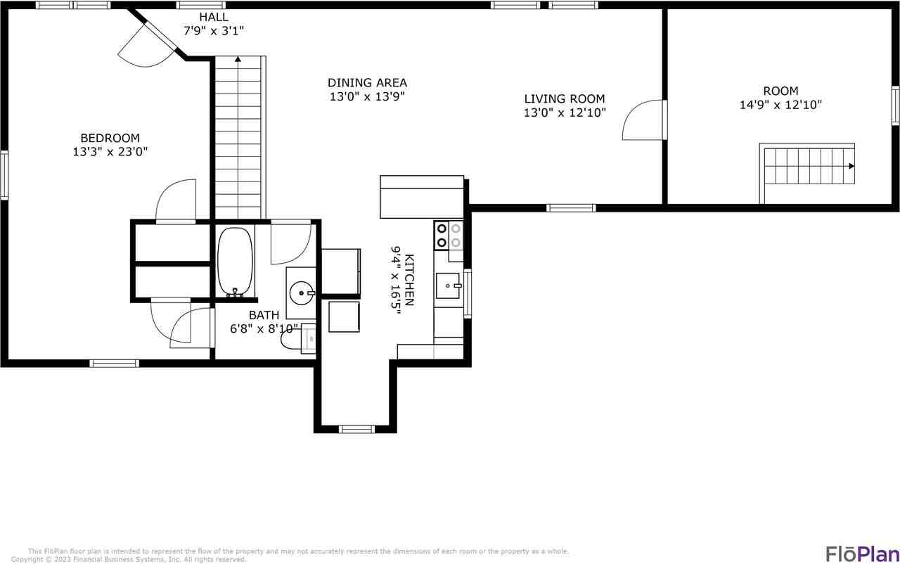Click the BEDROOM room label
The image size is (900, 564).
pyautogui.click(x=110, y=138)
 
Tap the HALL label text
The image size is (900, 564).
pyautogui.click(x=213, y=15)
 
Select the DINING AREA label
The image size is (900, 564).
pyautogui.click(x=367, y=82)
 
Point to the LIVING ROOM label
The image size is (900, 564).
pyautogui.click(x=564, y=99)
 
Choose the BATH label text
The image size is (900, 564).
pyautogui.click(x=264, y=315)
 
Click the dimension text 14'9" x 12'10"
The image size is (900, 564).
pyautogui.click(x=780, y=105)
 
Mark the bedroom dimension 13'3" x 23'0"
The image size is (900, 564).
pyautogui.click(x=110, y=151)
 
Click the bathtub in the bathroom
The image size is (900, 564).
pyautogui.click(x=235, y=261)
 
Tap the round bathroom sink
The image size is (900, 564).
pyautogui.click(x=303, y=292)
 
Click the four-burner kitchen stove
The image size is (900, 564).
pyautogui.click(x=449, y=235)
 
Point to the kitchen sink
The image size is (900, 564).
pyautogui.click(x=448, y=286)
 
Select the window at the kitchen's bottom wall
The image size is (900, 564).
pyautogui.click(x=356, y=429)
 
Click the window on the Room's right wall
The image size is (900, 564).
pyautogui.click(x=895, y=105)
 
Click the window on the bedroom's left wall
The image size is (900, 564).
pyautogui.click(x=4, y=176)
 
